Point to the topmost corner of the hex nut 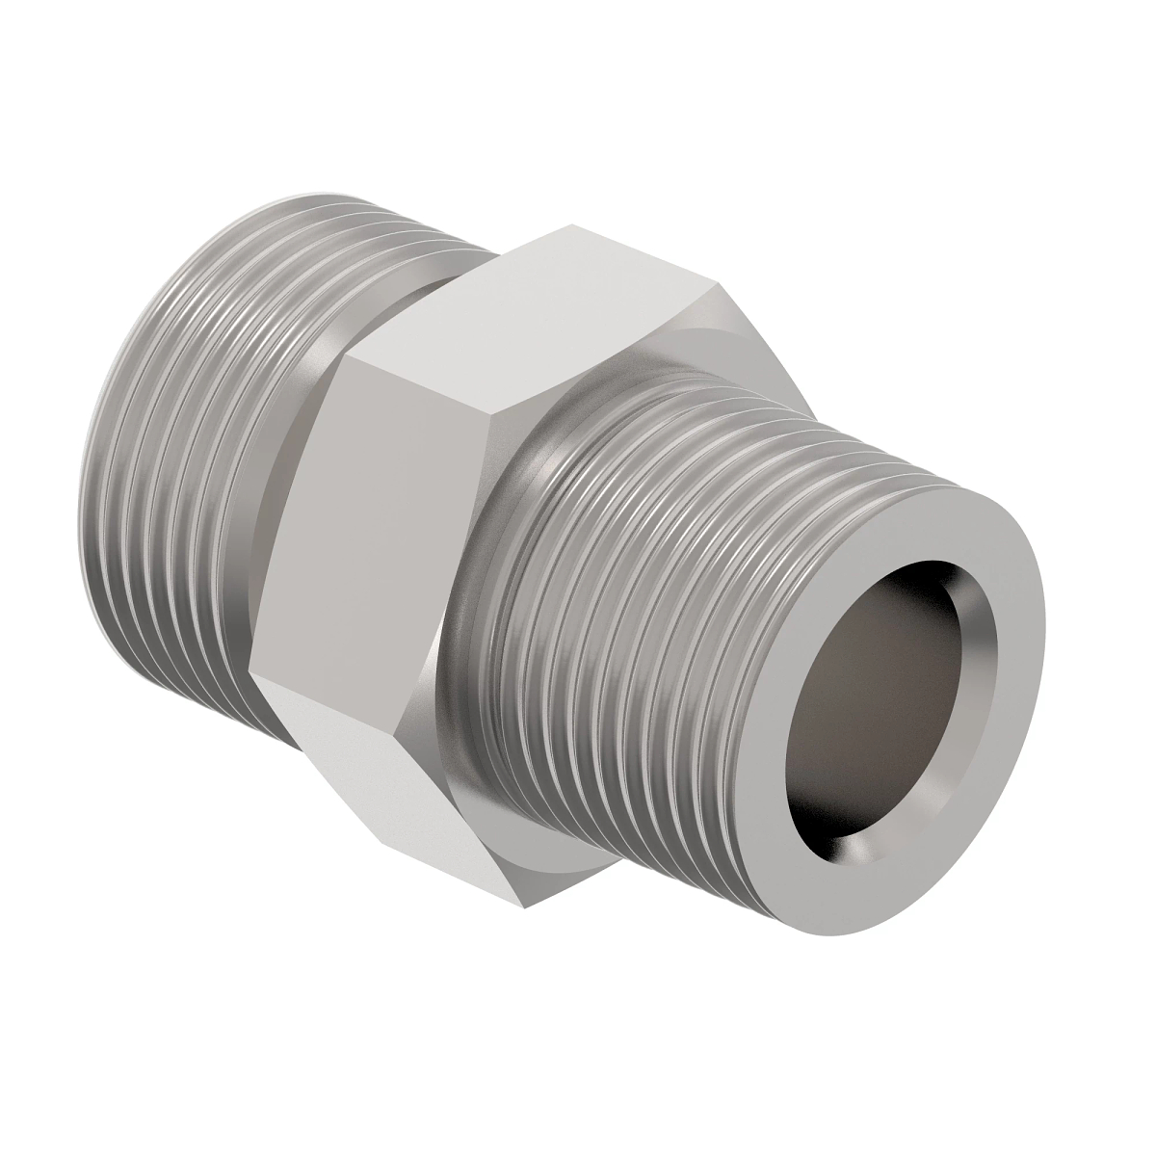pos(570,226)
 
